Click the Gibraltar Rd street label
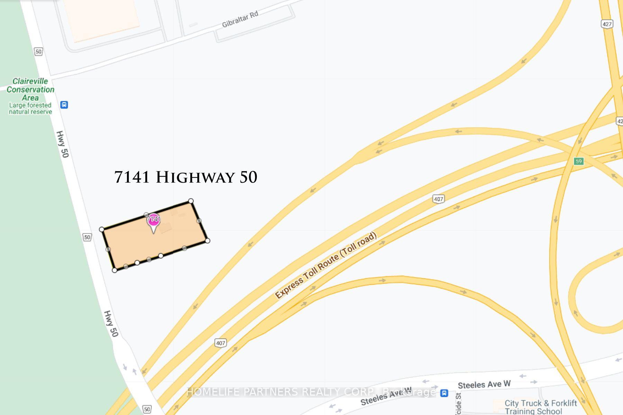240,19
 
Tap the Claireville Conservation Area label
30,89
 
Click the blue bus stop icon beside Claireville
64,104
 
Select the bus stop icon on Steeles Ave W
444,393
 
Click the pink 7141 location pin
153,221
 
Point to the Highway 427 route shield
607,24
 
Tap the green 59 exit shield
578,161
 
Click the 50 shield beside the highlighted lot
87,237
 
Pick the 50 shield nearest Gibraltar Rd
38,52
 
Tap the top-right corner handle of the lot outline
191,201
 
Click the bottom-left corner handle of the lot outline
115,270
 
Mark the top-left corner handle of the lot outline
101,229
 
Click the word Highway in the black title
195,177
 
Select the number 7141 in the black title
132,177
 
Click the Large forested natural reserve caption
30,108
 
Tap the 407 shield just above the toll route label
439,199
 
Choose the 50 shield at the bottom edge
147,409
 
